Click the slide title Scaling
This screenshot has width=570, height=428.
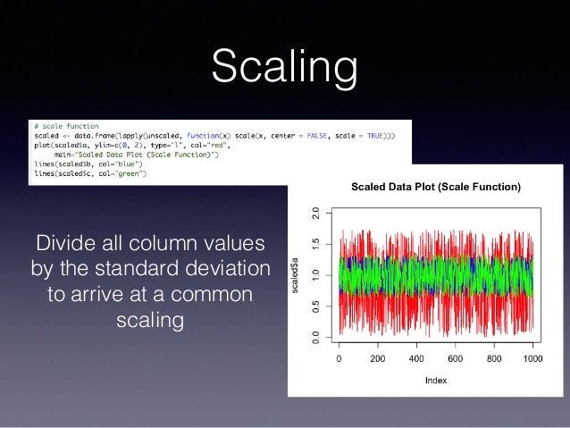pos(284,68)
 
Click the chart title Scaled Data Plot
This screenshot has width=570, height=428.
pos(435,188)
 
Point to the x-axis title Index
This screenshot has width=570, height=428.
pos(436,379)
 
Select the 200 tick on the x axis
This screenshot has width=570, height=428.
pos(378,359)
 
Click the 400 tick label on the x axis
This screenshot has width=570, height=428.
pos(417,359)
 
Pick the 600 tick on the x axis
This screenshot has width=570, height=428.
pos(456,359)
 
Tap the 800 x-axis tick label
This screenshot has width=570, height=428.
pos(495,359)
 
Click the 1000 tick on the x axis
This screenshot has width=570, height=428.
pos(533,359)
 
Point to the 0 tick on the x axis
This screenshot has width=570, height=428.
pos(339,359)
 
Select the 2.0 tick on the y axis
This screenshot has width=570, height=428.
pos(314,214)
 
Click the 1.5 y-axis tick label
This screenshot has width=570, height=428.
pos(314,245)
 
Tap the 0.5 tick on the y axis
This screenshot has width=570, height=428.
pos(314,306)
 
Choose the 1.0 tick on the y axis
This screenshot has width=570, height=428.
pos(314,276)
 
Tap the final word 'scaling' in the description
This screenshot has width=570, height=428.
pos(149,319)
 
